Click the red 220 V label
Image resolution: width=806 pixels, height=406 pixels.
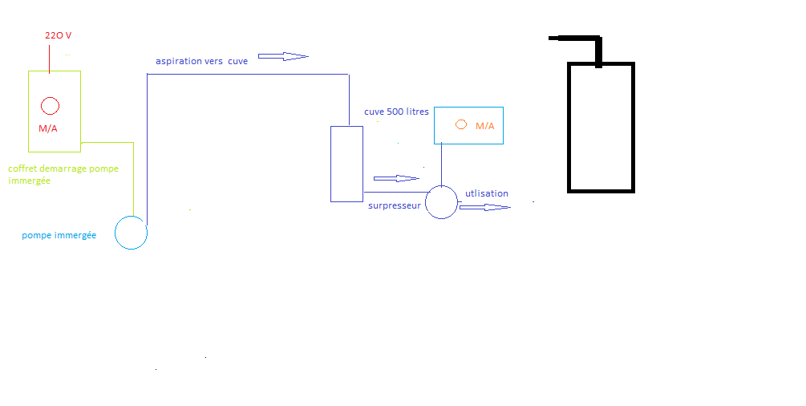coord(59,36)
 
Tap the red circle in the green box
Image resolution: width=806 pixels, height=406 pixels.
coord(50,105)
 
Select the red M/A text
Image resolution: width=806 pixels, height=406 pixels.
coord(48,129)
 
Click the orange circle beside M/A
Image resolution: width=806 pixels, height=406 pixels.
coord(461,124)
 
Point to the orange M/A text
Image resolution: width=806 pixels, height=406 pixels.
coord(485,126)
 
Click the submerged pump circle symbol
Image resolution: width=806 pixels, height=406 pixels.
coord(131,233)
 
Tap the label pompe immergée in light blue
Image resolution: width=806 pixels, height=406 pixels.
coord(59,235)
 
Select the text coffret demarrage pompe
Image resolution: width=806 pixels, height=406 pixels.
coord(63,168)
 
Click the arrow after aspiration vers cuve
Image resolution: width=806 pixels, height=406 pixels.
coord(283,56)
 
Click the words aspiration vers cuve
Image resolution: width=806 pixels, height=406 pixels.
coord(201,61)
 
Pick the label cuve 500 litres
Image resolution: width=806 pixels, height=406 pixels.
coord(396,112)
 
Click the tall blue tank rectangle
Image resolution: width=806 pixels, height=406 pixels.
coord(346,164)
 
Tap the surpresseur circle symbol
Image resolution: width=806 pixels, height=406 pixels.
coord(441,201)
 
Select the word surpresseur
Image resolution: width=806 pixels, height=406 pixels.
coord(395,206)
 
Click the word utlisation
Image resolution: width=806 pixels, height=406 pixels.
coord(487,193)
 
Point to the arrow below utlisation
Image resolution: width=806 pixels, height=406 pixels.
coord(485,207)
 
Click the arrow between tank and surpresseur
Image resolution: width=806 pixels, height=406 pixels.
coord(397,178)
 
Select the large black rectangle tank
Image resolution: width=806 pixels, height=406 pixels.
coord(601,128)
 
